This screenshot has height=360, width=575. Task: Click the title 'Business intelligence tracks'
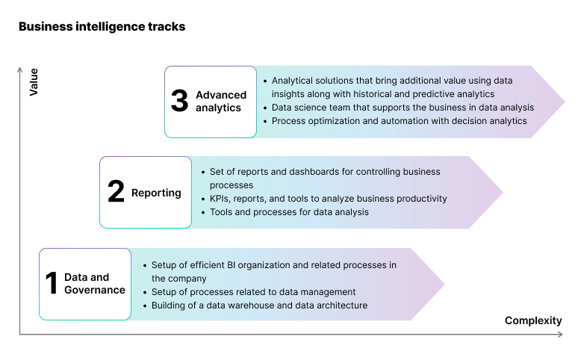click(x=102, y=27)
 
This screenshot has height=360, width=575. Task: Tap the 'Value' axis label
click(x=34, y=82)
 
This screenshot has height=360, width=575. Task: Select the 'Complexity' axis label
click(x=533, y=320)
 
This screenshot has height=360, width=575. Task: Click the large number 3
click(x=179, y=101)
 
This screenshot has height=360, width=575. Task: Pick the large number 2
click(x=116, y=192)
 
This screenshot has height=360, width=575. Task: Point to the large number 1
click(x=52, y=284)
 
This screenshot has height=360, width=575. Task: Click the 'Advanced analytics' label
click(x=220, y=102)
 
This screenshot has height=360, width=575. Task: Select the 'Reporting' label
click(x=156, y=193)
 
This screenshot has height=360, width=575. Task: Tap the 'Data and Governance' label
click(x=94, y=284)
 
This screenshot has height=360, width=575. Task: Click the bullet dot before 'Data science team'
click(x=265, y=108)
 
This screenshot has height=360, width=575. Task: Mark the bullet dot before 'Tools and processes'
click(x=203, y=213)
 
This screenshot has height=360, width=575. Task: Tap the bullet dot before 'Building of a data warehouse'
click(x=144, y=306)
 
